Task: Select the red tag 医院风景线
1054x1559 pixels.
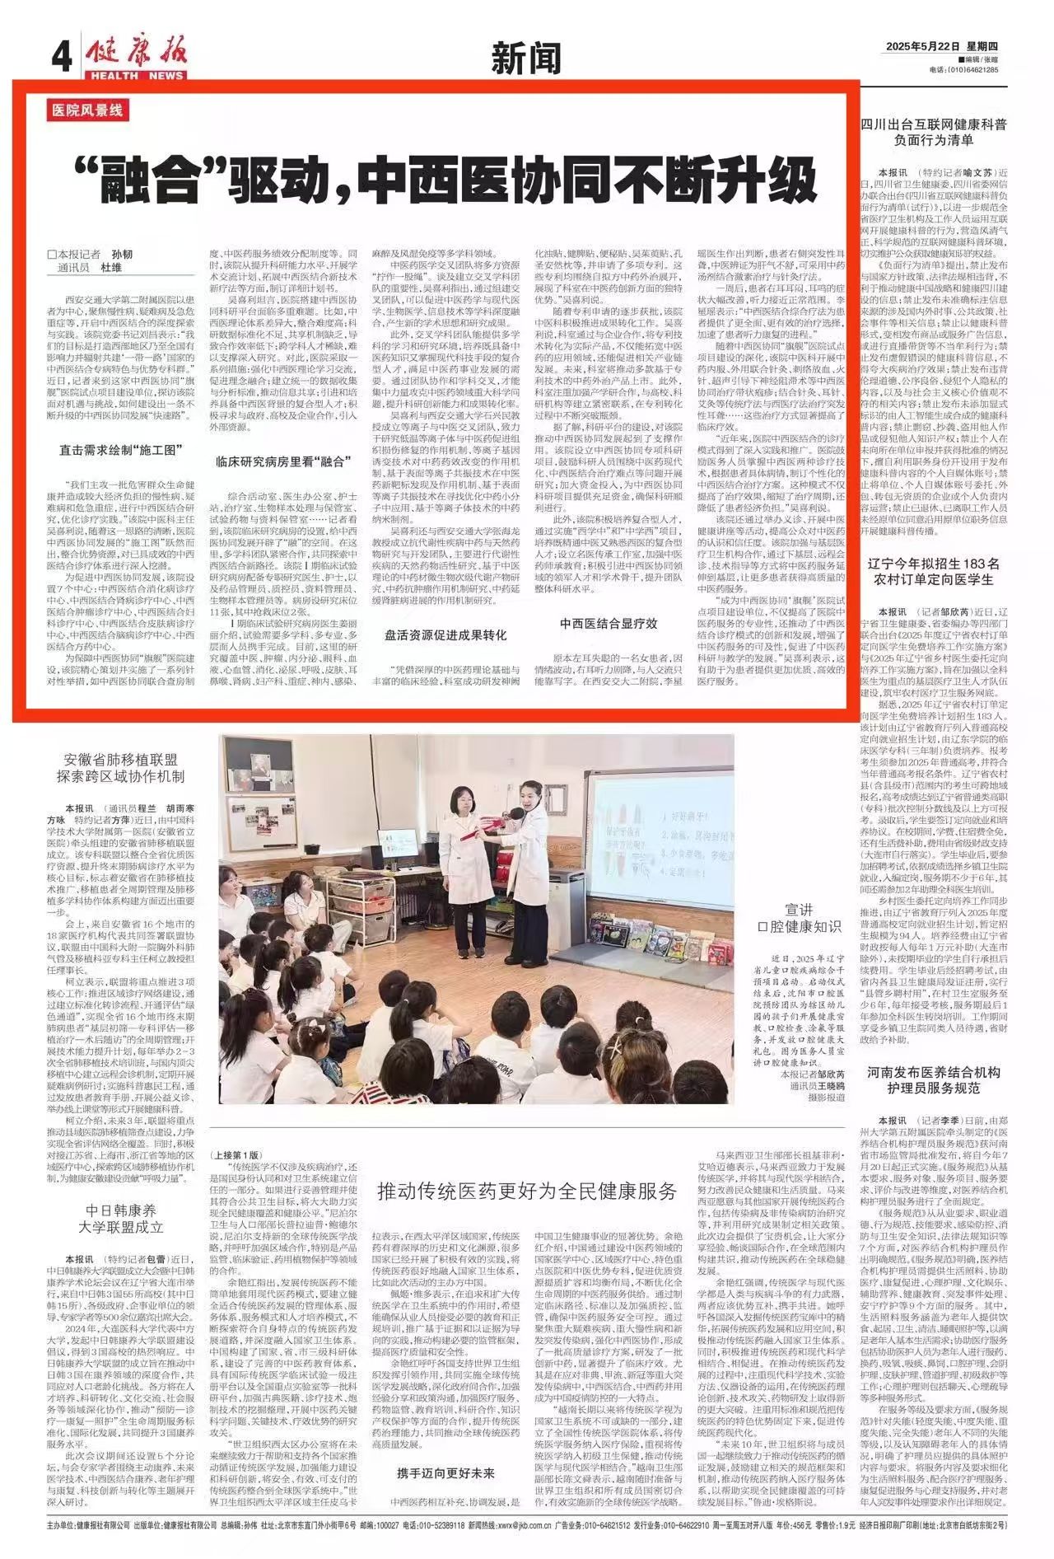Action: [88, 110]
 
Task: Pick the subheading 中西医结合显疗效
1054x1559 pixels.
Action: [609, 623]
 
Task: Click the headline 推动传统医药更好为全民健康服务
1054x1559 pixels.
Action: [527, 1190]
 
